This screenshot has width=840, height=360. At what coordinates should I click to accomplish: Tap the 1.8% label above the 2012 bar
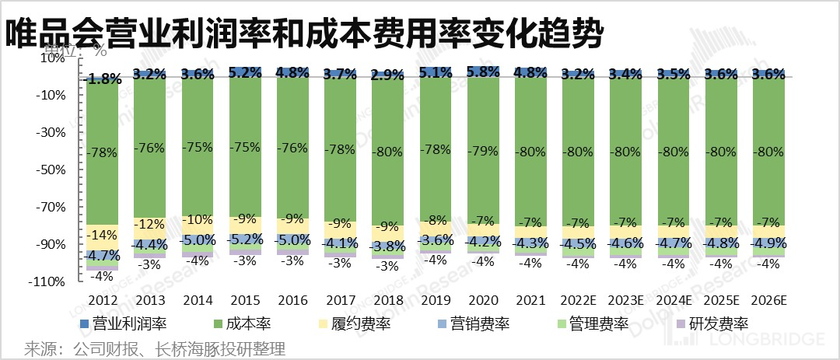(103, 79)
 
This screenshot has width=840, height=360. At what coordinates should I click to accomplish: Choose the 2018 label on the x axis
(387, 299)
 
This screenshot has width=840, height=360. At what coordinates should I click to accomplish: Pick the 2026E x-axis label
(768, 299)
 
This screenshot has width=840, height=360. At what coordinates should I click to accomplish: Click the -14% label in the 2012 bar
(103, 236)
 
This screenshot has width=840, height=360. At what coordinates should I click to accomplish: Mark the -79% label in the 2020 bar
(483, 152)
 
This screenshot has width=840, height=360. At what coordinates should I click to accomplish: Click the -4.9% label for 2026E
(768, 243)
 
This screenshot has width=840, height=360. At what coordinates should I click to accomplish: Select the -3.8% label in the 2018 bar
(388, 247)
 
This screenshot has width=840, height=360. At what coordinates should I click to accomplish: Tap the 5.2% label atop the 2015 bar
(245, 72)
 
